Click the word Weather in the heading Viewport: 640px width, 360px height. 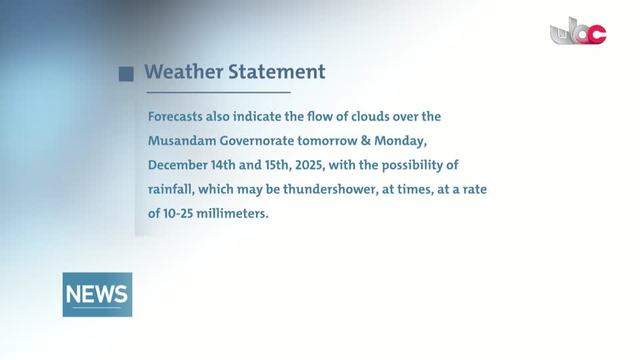click(x=184, y=72)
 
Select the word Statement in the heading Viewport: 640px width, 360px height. click(x=277, y=72)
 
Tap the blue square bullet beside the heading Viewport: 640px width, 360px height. click(x=126, y=74)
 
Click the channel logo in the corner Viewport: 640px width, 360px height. click(x=578, y=31)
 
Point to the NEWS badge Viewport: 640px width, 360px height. click(x=97, y=294)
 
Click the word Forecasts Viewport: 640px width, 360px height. click(x=175, y=117)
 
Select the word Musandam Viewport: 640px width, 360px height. click(x=181, y=141)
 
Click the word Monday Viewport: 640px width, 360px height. click(x=401, y=141)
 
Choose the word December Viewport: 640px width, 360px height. click(x=177, y=165)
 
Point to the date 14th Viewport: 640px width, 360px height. click(x=223, y=165)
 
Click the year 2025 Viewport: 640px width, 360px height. click(x=310, y=165)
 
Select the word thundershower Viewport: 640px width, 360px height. click(x=331, y=189)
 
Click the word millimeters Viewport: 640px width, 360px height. click(x=232, y=213)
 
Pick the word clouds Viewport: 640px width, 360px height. click(x=370, y=117)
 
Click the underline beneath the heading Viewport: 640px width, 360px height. click(x=219, y=93)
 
